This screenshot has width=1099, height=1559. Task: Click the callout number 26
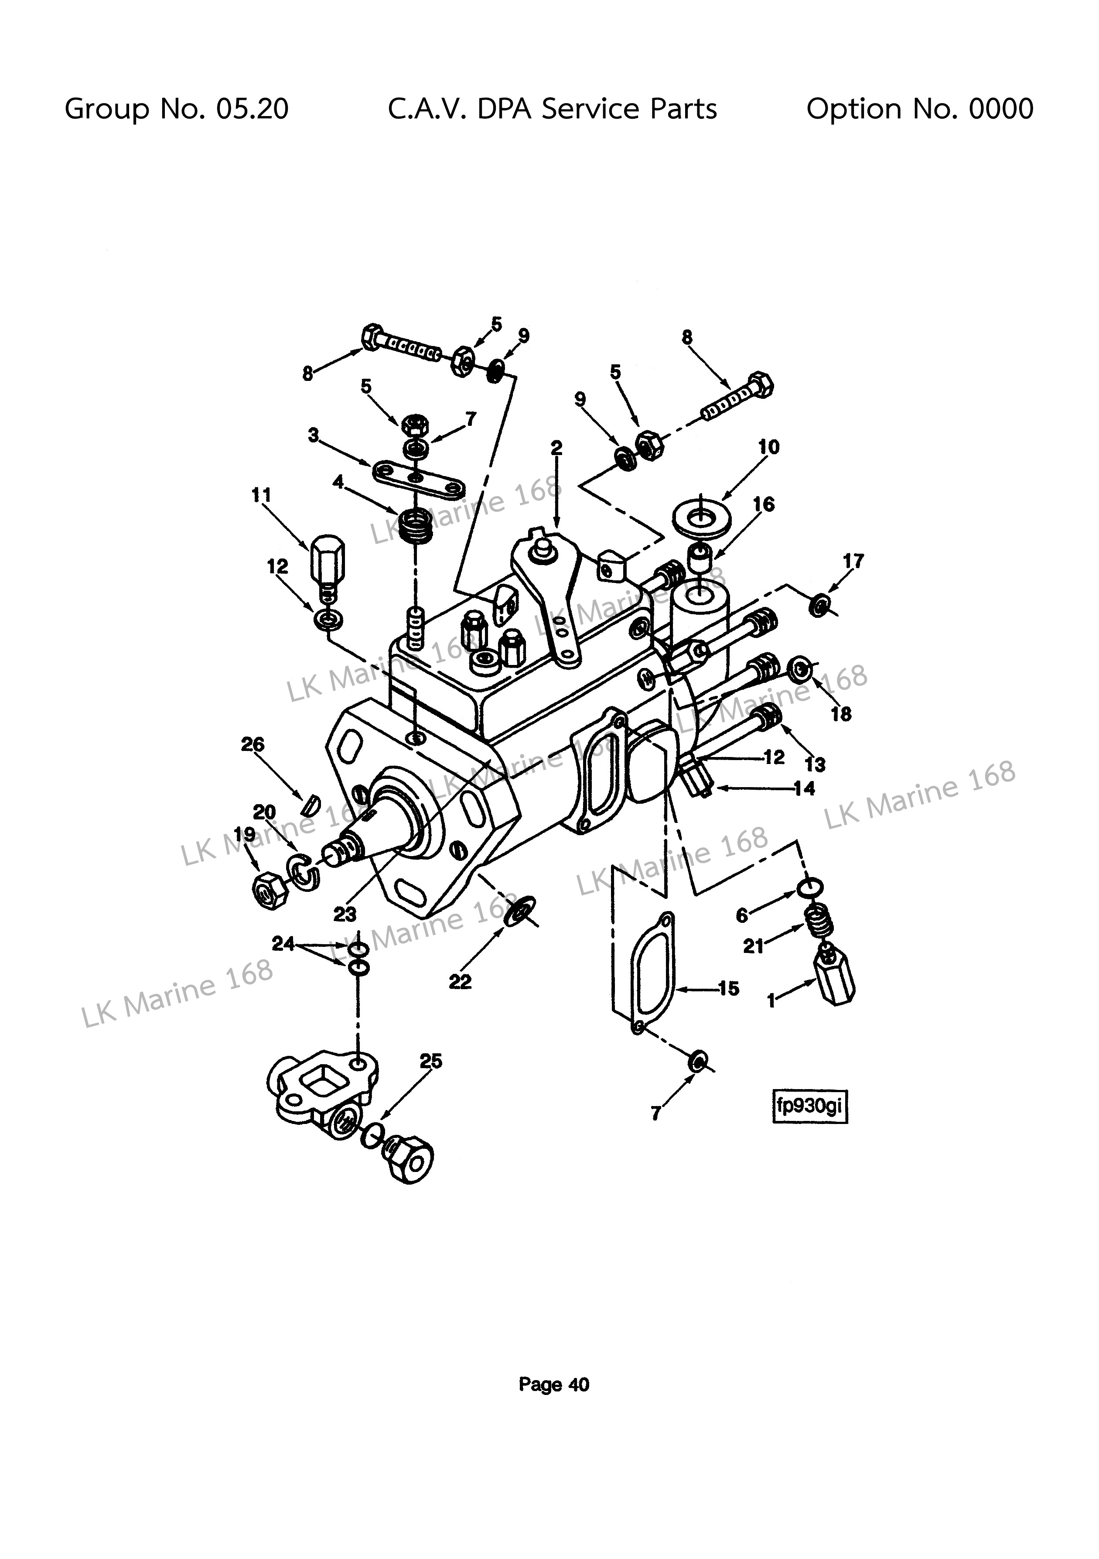pos(253,744)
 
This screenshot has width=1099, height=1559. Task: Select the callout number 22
pos(460,981)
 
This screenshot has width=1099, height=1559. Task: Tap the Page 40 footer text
pos(554,1384)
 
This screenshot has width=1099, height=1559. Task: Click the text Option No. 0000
pos(920,109)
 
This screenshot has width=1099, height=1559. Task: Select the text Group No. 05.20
pos(177,109)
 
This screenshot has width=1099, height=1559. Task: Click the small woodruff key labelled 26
pos(310,804)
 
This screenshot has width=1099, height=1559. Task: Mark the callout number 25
pos(431,1061)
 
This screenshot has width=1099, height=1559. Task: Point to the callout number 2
pos(556,448)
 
